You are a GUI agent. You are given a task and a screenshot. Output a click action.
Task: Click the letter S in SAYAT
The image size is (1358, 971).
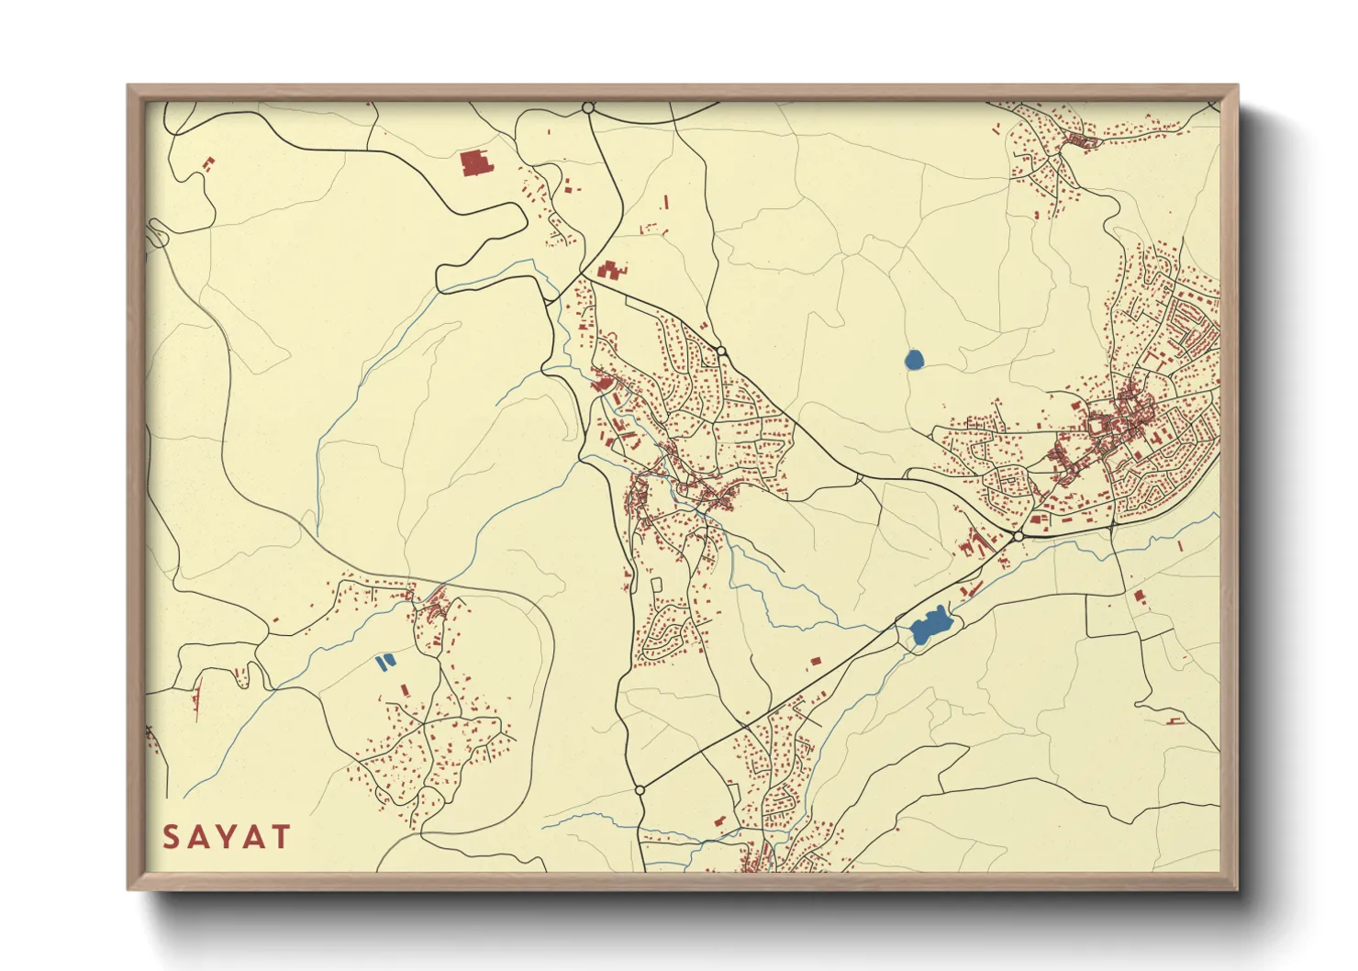pos(172,837)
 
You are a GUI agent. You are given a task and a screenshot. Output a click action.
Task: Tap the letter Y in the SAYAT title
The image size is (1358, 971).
pos(227,837)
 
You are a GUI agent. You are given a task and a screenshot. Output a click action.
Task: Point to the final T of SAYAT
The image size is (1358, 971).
pos(281,837)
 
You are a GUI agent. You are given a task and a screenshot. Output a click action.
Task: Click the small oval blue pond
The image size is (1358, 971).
pos(914,359)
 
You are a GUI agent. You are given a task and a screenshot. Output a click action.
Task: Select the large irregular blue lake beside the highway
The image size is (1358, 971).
pos(929,627)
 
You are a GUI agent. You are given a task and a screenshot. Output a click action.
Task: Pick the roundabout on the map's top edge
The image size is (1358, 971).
pos(588,108)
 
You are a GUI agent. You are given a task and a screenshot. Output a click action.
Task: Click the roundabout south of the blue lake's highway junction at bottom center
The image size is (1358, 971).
pos(640,789)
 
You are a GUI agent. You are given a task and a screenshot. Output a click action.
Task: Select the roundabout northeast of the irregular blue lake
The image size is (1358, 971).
pos(1018,536)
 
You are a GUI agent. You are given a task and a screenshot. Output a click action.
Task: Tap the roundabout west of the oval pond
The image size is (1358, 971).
pos(721,351)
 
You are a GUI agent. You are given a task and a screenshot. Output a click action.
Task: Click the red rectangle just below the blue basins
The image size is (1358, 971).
pos(406,688)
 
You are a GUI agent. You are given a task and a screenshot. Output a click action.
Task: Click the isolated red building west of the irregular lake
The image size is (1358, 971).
pos(814,660)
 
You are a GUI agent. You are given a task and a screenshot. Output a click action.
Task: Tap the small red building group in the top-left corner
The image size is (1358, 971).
pos(207,164)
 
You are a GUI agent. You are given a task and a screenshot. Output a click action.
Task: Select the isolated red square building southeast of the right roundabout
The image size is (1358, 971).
pos(1140,597)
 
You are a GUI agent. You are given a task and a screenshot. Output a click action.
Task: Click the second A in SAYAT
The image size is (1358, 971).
pos(254,837)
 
